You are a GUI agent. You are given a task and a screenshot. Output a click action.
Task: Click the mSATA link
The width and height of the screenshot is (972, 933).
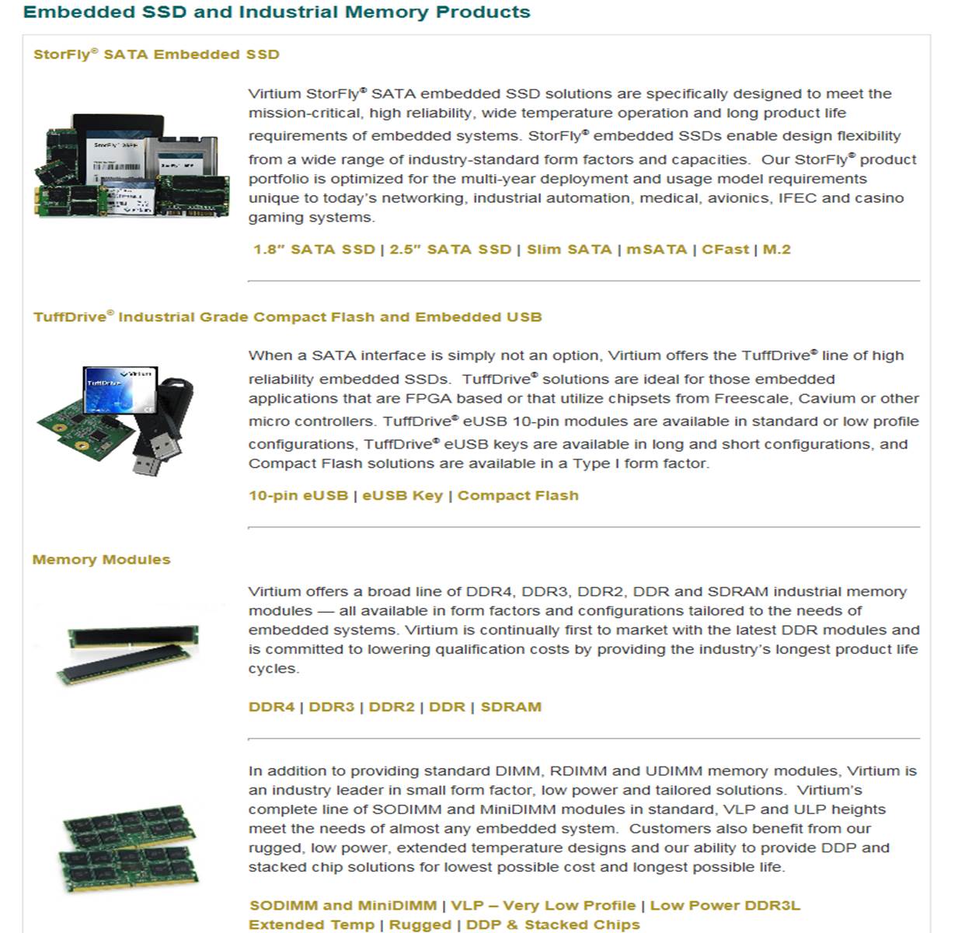(657, 250)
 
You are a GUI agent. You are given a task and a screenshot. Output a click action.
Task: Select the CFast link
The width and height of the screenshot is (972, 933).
(725, 250)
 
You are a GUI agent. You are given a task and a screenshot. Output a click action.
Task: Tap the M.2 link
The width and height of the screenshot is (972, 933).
(776, 250)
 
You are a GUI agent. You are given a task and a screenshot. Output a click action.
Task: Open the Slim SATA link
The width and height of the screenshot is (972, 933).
(569, 250)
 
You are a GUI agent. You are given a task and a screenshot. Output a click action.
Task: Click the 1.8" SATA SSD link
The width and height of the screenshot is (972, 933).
(314, 250)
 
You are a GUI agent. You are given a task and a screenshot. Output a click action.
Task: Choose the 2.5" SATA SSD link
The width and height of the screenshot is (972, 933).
(450, 250)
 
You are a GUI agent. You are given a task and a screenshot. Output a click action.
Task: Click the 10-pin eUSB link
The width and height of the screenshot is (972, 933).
(298, 495)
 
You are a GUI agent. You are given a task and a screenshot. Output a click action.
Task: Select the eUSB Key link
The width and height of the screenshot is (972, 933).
(402, 495)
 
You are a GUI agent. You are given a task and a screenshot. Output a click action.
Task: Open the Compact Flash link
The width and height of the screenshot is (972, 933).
(518, 495)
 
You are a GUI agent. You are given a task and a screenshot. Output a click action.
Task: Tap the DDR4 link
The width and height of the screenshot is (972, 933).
(272, 707)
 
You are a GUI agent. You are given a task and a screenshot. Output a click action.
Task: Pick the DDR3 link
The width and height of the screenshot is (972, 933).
(332, 707)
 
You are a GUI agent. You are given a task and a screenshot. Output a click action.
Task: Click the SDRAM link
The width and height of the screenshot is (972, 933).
(511, 707)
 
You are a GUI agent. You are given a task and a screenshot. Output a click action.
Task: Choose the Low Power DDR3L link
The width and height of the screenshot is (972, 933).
(725, 905)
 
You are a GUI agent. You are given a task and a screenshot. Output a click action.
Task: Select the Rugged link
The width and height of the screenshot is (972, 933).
(420, 924)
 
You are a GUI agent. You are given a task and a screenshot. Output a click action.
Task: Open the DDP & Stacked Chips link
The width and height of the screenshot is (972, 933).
(552, 924)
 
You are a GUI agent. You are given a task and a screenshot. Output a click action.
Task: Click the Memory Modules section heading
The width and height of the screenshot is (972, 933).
(101, 559)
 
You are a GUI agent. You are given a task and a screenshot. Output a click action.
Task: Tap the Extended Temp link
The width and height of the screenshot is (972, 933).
(311, 924)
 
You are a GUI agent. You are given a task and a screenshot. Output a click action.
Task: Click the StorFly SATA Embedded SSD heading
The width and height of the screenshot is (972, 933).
(156, 54)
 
